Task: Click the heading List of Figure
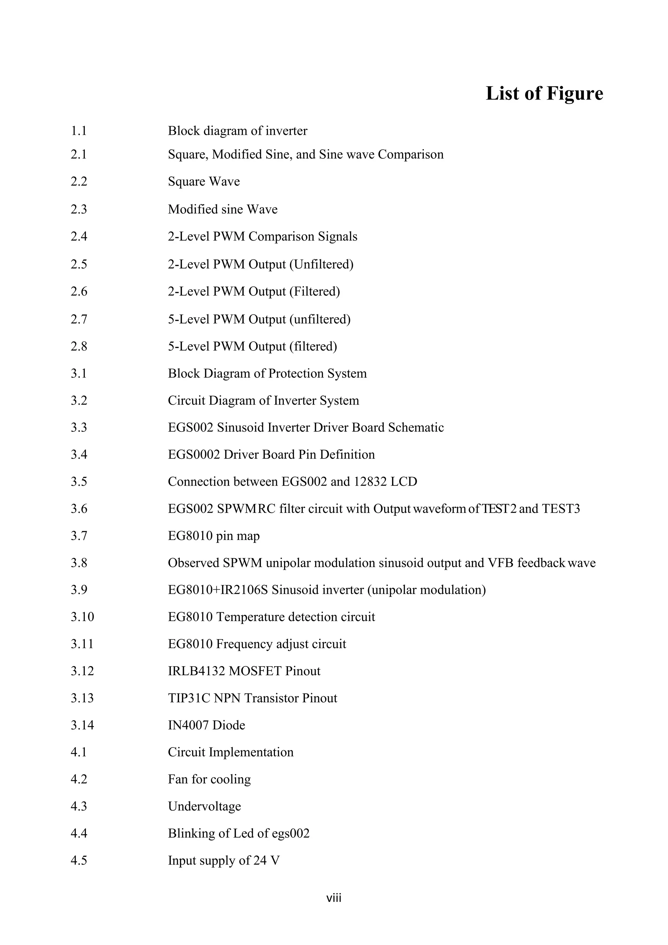pos(544,93)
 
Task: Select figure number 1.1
pos(79,131)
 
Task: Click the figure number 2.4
pos(79,237)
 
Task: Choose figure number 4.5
pos(79,860)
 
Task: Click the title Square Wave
pos(204,181)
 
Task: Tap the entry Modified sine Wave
pos(222,209)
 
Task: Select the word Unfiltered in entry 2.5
pos(321,264)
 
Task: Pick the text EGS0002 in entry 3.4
pos(194,455)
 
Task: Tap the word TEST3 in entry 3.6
pos(561,509)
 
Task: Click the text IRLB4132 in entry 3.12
pos(196,671)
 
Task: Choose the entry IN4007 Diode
pos(206,725)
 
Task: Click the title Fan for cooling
pos(209,780)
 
